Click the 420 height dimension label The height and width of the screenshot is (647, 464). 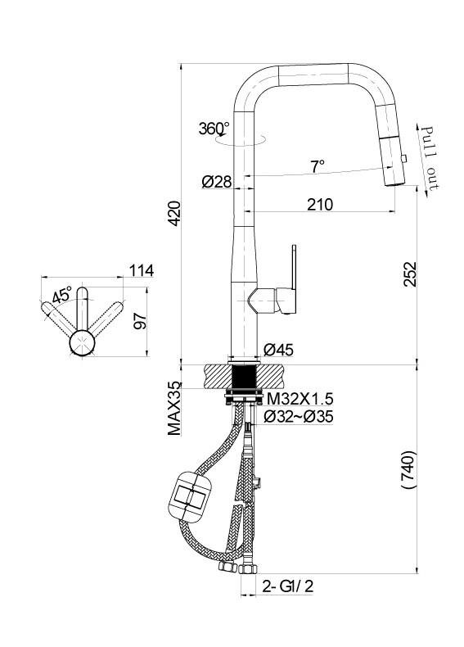click(174, 213)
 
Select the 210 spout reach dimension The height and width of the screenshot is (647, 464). click(320, 205)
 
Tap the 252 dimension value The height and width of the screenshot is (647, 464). click(409, 274)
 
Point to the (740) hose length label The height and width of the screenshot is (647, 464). click(409, 470)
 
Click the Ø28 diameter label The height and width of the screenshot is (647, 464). click(217, 182)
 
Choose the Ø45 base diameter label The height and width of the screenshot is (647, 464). click(279, 350)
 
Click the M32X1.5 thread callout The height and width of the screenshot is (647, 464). click(300, 399)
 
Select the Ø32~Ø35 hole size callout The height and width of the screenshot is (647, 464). click(299, 417)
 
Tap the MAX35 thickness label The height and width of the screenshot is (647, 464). click(175, 409)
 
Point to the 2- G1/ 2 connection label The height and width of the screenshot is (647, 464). click(288, 586)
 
